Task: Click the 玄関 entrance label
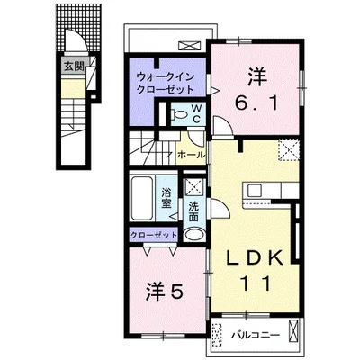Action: click(74, 67)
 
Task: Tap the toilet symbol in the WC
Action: click(179, 114)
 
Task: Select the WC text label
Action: click(196, 113)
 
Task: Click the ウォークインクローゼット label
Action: click(165, 83)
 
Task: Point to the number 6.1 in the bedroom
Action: click(258, 103)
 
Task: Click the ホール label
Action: click(192, 155)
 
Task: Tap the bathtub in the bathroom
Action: click(142, 198)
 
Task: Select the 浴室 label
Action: click(166, 198)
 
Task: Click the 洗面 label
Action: click(193, 211)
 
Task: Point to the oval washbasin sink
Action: click(193, 235)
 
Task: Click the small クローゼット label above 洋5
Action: click(154, 235)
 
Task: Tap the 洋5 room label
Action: click(164, 292)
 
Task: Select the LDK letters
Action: click(255, 257)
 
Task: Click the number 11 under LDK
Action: click(256, 283)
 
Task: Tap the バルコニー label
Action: click(256, 335)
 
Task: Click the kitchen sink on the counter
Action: click(256, 191)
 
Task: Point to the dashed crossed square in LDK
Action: click(288, 151)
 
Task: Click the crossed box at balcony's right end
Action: click(293, 331)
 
